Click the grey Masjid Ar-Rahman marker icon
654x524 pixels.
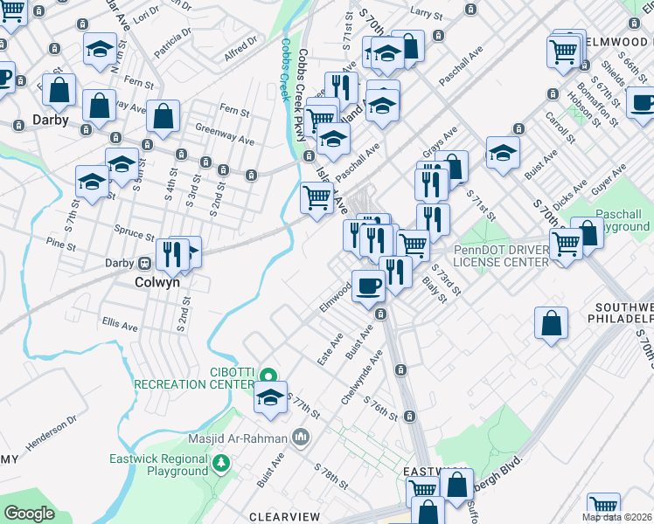(301, 436)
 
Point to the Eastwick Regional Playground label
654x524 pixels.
(159, 465)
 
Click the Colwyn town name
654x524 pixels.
(158, 282)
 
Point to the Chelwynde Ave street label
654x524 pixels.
(362, 375)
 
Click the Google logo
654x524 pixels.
(30, 513)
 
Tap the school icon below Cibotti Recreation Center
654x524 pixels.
(271, 397)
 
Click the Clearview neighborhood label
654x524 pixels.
(283, 517)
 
